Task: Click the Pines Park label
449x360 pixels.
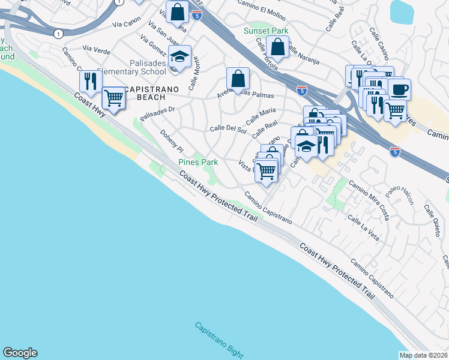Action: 198,162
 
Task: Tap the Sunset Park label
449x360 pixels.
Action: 266,31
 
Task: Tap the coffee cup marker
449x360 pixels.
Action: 399,89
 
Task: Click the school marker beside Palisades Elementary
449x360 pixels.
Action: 179,56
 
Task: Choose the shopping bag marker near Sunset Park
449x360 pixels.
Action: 278,46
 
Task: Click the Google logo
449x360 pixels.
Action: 20,353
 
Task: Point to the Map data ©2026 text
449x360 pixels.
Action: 423,355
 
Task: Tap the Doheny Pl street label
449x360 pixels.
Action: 171,142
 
